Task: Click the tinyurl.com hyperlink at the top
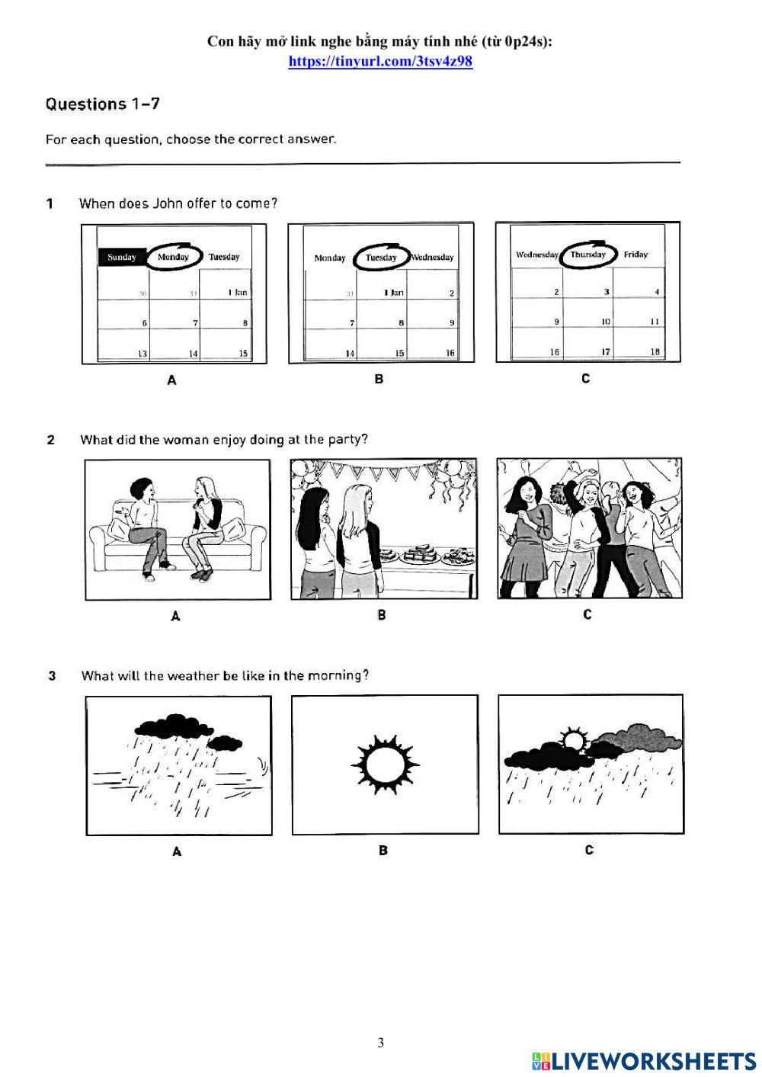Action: click(380, 62)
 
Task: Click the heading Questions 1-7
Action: click(103, 104)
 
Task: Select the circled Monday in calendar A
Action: click(173, 257)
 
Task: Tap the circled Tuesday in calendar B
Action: click(381, 258)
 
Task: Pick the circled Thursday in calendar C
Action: click(588, 255)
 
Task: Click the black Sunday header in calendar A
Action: click(122, 257)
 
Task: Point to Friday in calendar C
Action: click(636, 255)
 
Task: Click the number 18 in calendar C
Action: click(655, 351)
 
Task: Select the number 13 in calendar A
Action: click(142, 354)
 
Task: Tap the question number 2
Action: click(51, 440)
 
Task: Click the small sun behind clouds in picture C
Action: click(574, 740)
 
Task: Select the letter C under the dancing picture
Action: click(587, 614)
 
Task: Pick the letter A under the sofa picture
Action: click(175, 616)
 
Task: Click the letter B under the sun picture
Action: click(383, 850)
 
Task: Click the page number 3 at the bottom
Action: click(381, 1043)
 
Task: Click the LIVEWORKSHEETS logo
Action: click(644, 1061)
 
